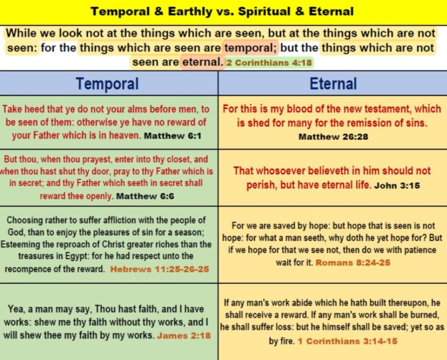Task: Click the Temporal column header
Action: click(x=107, y=83)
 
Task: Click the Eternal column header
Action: click(x=333, y=83)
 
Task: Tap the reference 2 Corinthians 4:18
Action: click(x=269, y=62)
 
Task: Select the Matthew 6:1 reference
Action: click(x=173, y=136)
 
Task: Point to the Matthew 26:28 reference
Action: click(x=333, y=137)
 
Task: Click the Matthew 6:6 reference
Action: click(x=145, y=196)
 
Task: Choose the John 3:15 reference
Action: click(x=397, y=185)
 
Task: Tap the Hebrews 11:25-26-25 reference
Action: click(x=160, y=269)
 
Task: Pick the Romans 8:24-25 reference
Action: click(x=353, y=263)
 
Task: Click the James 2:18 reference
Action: click(x=184, y=336)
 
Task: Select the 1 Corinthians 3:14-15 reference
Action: click(x=347, y=341)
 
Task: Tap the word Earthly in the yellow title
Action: click(x=190, y=12)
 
